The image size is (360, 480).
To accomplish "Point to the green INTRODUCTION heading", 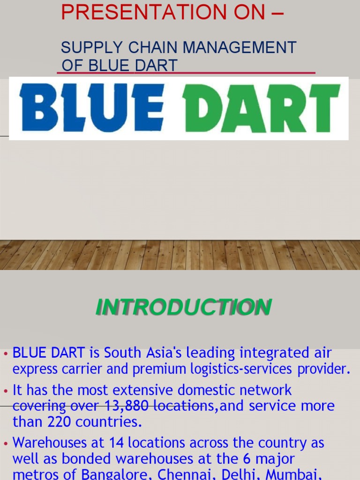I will click(183, 307).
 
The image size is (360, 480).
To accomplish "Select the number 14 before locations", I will click(116, 442).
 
